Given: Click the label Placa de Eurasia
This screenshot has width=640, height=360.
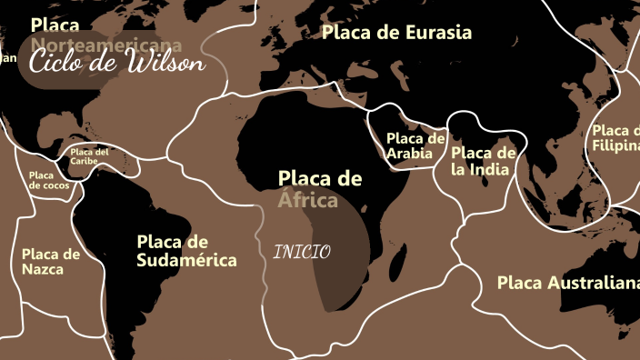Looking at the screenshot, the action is point(397,33).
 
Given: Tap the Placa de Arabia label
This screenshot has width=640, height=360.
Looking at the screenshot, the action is point(415,145).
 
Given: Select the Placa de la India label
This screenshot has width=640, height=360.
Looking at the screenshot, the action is point(484,160).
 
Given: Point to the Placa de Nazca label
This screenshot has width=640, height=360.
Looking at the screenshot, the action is point(51,262).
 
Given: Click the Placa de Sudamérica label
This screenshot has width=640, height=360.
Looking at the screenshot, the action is point(186,251).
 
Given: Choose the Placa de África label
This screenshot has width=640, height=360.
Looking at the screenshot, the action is point(319,188).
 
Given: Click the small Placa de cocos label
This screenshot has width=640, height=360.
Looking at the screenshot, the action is point(48,180).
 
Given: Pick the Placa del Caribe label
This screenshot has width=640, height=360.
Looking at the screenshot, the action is point(89,156).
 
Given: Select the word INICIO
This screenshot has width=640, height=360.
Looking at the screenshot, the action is point(302,252).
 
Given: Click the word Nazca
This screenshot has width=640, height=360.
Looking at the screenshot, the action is point(51,270).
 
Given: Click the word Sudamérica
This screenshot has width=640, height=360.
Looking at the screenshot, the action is point(186,261).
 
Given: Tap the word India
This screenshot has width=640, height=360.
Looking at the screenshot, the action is point(492,169).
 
